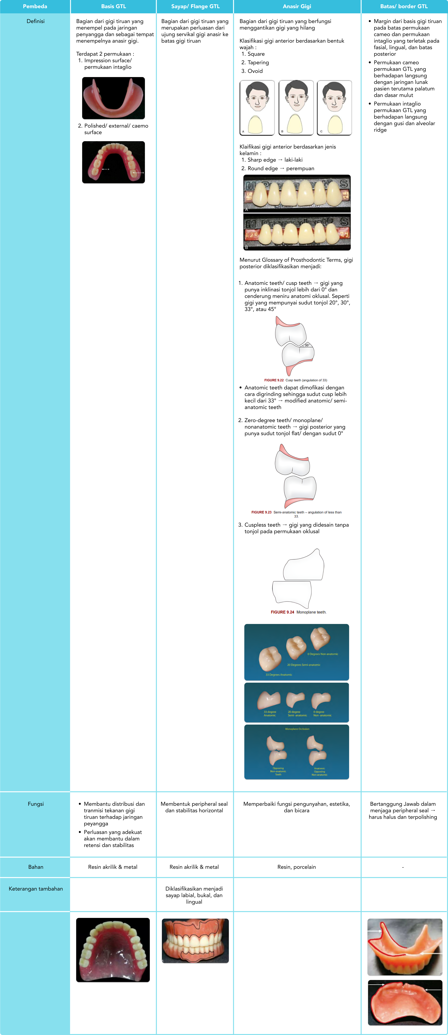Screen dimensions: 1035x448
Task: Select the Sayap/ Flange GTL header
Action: click(x=195, y=6)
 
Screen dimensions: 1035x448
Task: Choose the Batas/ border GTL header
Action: click(x=404, y=6)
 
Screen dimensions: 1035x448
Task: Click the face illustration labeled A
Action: click(x=257, y=108)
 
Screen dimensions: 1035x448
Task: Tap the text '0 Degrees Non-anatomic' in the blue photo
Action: click(x=323, y=654)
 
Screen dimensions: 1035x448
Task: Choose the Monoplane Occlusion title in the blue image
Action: click(x=297, y=729)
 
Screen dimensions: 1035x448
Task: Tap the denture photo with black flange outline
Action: click(x=195, y=941)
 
